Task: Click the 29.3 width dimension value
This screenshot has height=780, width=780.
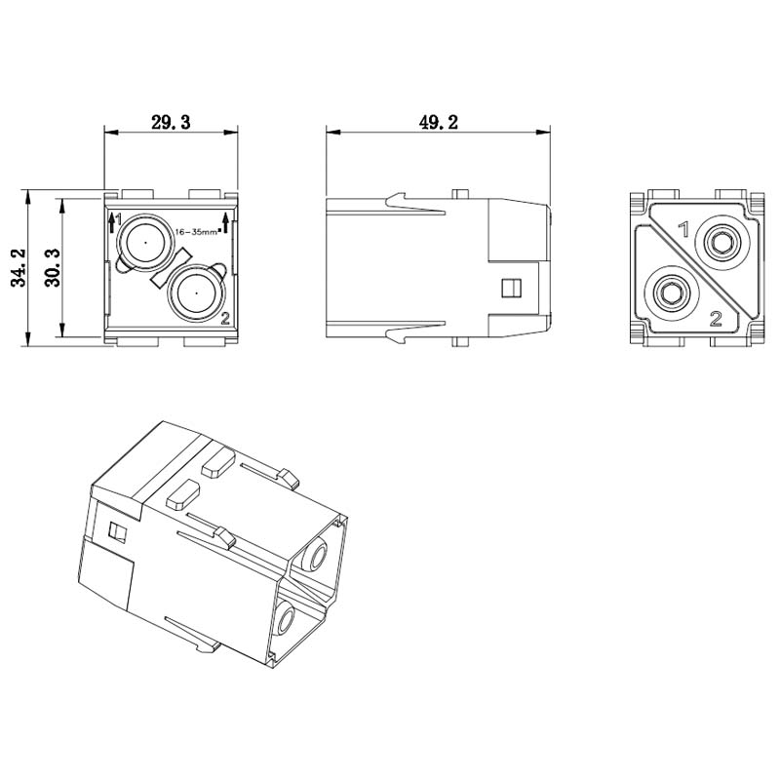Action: click(171, 122)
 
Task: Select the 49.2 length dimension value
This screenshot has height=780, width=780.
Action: click(438, 122)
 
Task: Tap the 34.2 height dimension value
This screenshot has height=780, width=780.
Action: click(19, 267)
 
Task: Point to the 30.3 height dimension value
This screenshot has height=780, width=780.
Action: click(53, 267)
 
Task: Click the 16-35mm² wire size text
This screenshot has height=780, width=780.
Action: click(198, 232)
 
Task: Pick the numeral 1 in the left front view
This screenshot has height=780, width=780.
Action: click(118, 217)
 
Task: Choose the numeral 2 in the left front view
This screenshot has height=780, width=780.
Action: click(225, 318)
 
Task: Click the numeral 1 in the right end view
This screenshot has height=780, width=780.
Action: click(684, 230)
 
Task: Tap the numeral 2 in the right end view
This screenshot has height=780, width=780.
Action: click(716, 319)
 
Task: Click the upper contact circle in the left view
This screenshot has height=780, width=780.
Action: click(145, 243)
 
